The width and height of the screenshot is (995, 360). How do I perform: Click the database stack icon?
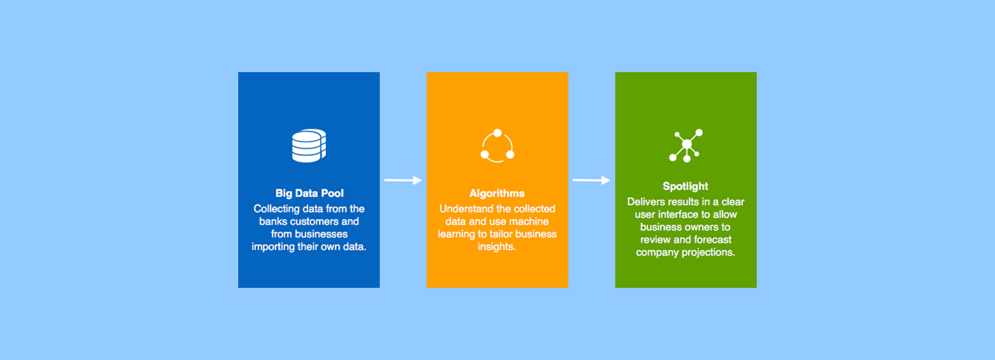pos(309,146)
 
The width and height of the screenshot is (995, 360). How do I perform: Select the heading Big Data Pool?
pos(309,193)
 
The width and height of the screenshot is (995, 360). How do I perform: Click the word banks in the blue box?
pos(273,221)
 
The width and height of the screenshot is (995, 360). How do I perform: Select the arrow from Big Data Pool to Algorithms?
pos(403,180)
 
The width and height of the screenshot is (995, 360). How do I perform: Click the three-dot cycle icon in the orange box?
pos(497,146)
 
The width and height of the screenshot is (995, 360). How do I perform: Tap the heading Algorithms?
pos(497,193)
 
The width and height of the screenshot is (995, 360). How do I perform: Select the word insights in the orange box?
pos(495,247)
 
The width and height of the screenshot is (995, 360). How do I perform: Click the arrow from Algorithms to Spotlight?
pos(592,180)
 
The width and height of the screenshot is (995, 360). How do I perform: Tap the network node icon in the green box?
pos(686,146)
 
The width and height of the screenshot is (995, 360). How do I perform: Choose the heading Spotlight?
pos(685,186)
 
